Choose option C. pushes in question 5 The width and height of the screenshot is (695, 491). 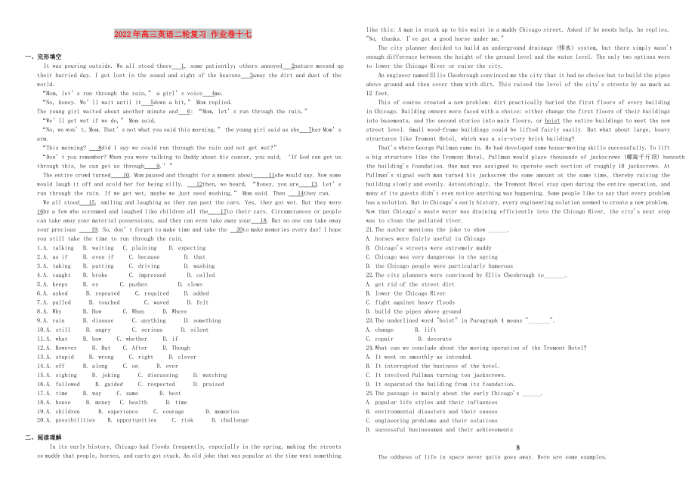coord(137,284)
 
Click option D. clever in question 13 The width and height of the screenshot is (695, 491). coord(181,357)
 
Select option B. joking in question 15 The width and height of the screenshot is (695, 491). coord(106,375)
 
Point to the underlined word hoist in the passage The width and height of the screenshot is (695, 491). coord(552,121)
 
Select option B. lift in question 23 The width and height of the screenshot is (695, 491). coord(427,330)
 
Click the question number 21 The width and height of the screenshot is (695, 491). coord(369,229)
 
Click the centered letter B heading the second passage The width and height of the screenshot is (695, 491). coord(517,447)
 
